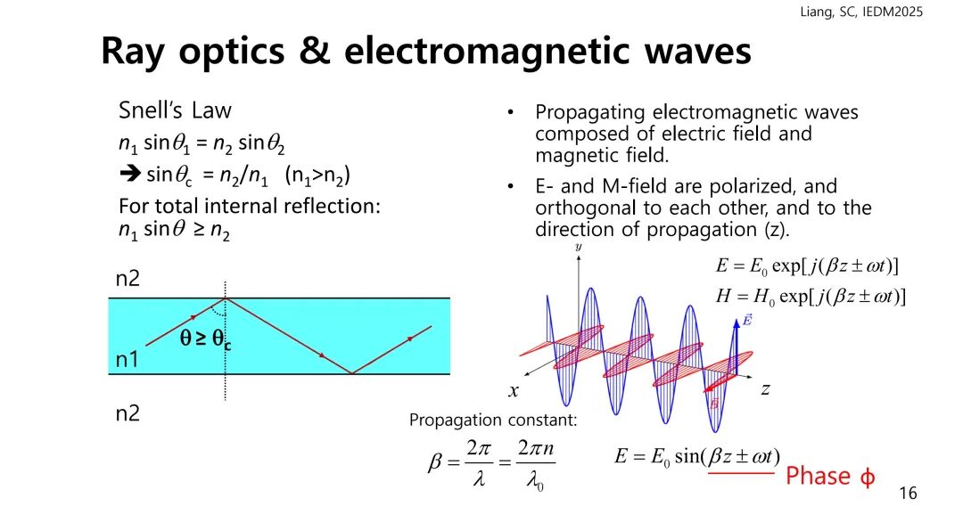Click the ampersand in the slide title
pos(315,51)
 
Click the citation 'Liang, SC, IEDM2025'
pos(861,12)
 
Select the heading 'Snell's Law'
pos(175,110)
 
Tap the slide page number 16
pos(908,493)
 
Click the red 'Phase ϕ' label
pos(830,476)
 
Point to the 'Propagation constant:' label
pos(493,420)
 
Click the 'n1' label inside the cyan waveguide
pos(128,359)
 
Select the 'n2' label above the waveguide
pos(128,279)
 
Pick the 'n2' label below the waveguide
pos(128,413)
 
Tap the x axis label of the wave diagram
pos(514,391)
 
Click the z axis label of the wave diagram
pos(765,388)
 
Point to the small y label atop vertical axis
pos(579,247)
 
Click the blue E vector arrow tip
pos(737,320)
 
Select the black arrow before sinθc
pos(130,175)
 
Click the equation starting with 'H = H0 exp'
pos(811,297)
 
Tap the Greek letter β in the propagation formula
pos(435,461)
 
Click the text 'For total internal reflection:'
pos(250,206)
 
